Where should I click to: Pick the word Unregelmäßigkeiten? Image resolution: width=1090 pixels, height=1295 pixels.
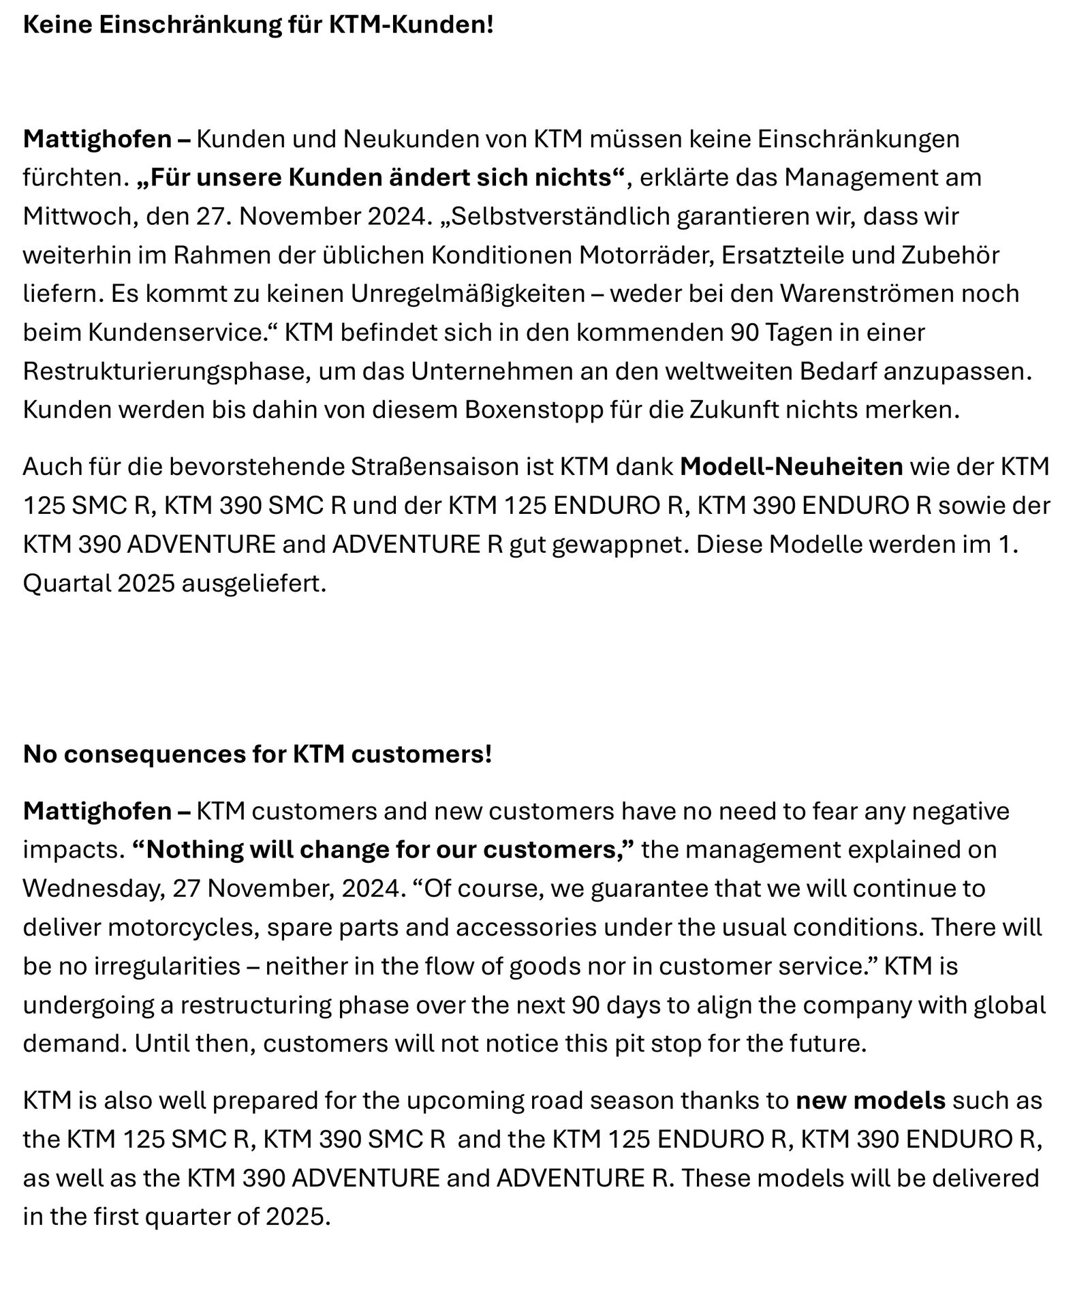[468, 294]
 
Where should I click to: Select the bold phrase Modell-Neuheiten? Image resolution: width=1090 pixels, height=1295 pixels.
[791, 467]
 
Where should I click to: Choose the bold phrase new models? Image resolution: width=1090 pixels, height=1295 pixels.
[871, 1101]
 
